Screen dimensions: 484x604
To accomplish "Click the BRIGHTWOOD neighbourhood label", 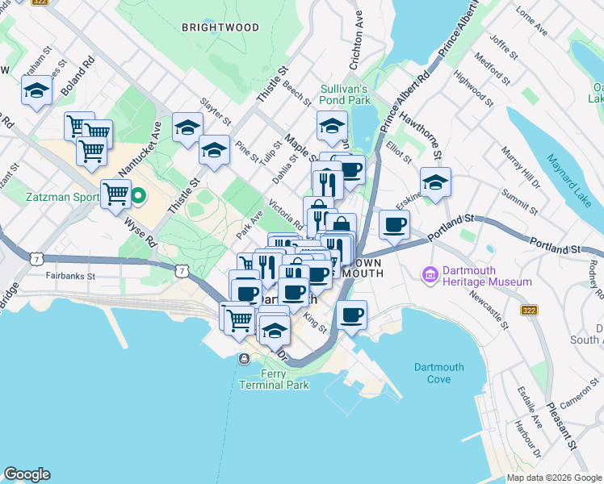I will point(220,27).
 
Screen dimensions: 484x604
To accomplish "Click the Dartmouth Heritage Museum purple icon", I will point(430,275).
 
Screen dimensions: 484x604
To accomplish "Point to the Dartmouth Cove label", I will point(438,373).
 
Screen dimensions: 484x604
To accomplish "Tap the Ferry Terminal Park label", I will point(274,379).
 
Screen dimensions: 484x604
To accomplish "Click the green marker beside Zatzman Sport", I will point(138,194).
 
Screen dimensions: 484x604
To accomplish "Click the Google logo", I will point(27,474).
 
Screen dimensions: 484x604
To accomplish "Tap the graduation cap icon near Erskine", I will point(435,182).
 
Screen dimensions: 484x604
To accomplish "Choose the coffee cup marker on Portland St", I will point(393,224).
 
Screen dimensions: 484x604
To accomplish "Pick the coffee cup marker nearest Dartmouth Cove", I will point(351,315).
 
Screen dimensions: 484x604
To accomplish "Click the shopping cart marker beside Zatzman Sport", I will point(115,194).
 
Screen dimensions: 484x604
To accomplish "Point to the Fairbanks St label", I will point(72,276).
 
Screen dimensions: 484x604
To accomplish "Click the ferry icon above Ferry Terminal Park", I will point(244,358).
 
